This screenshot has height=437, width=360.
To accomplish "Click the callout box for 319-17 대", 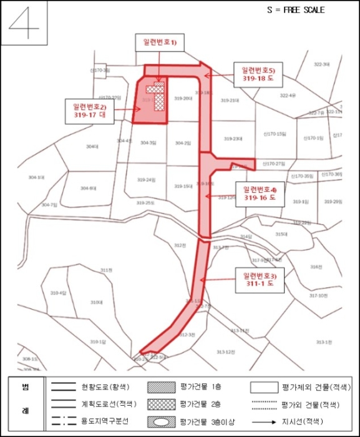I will pyautogui.click(x=90, y=110).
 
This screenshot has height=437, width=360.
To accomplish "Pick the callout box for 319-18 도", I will pyautogui.click(x=256, y=74).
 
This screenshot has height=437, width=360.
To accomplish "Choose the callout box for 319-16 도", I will pyautogui.click(x=260, y=194).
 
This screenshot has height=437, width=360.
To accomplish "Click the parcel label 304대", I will pyautogui.click(x=92, y=146).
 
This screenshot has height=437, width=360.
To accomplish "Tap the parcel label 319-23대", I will pyautogui.click(x=233, y=139).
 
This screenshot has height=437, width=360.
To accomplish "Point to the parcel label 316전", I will pyautogui.click(x=316, y=267).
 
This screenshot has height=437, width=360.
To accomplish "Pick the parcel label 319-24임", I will pyautogui.click(x=146, y=180).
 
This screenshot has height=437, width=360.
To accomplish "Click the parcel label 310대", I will pyautogui.click(x=95, y=303).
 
